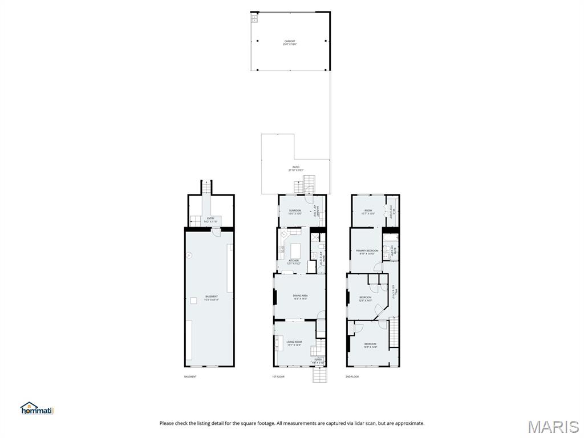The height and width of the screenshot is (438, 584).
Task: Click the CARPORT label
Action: point(290,42)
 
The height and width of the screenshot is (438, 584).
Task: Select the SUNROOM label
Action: point(294,212)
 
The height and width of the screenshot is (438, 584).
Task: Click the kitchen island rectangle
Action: point(296,251)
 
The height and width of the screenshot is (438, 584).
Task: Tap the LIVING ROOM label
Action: point(294,343)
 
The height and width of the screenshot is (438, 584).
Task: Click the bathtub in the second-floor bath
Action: point(390,238)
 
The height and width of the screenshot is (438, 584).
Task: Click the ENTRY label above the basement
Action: point(211,219)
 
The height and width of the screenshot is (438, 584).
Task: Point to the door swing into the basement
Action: point(215,232)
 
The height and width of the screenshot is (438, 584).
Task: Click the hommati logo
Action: point(36,408)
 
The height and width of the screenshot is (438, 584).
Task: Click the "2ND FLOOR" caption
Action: point(352,377)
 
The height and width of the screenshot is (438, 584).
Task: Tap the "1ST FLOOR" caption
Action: point(278,377)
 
